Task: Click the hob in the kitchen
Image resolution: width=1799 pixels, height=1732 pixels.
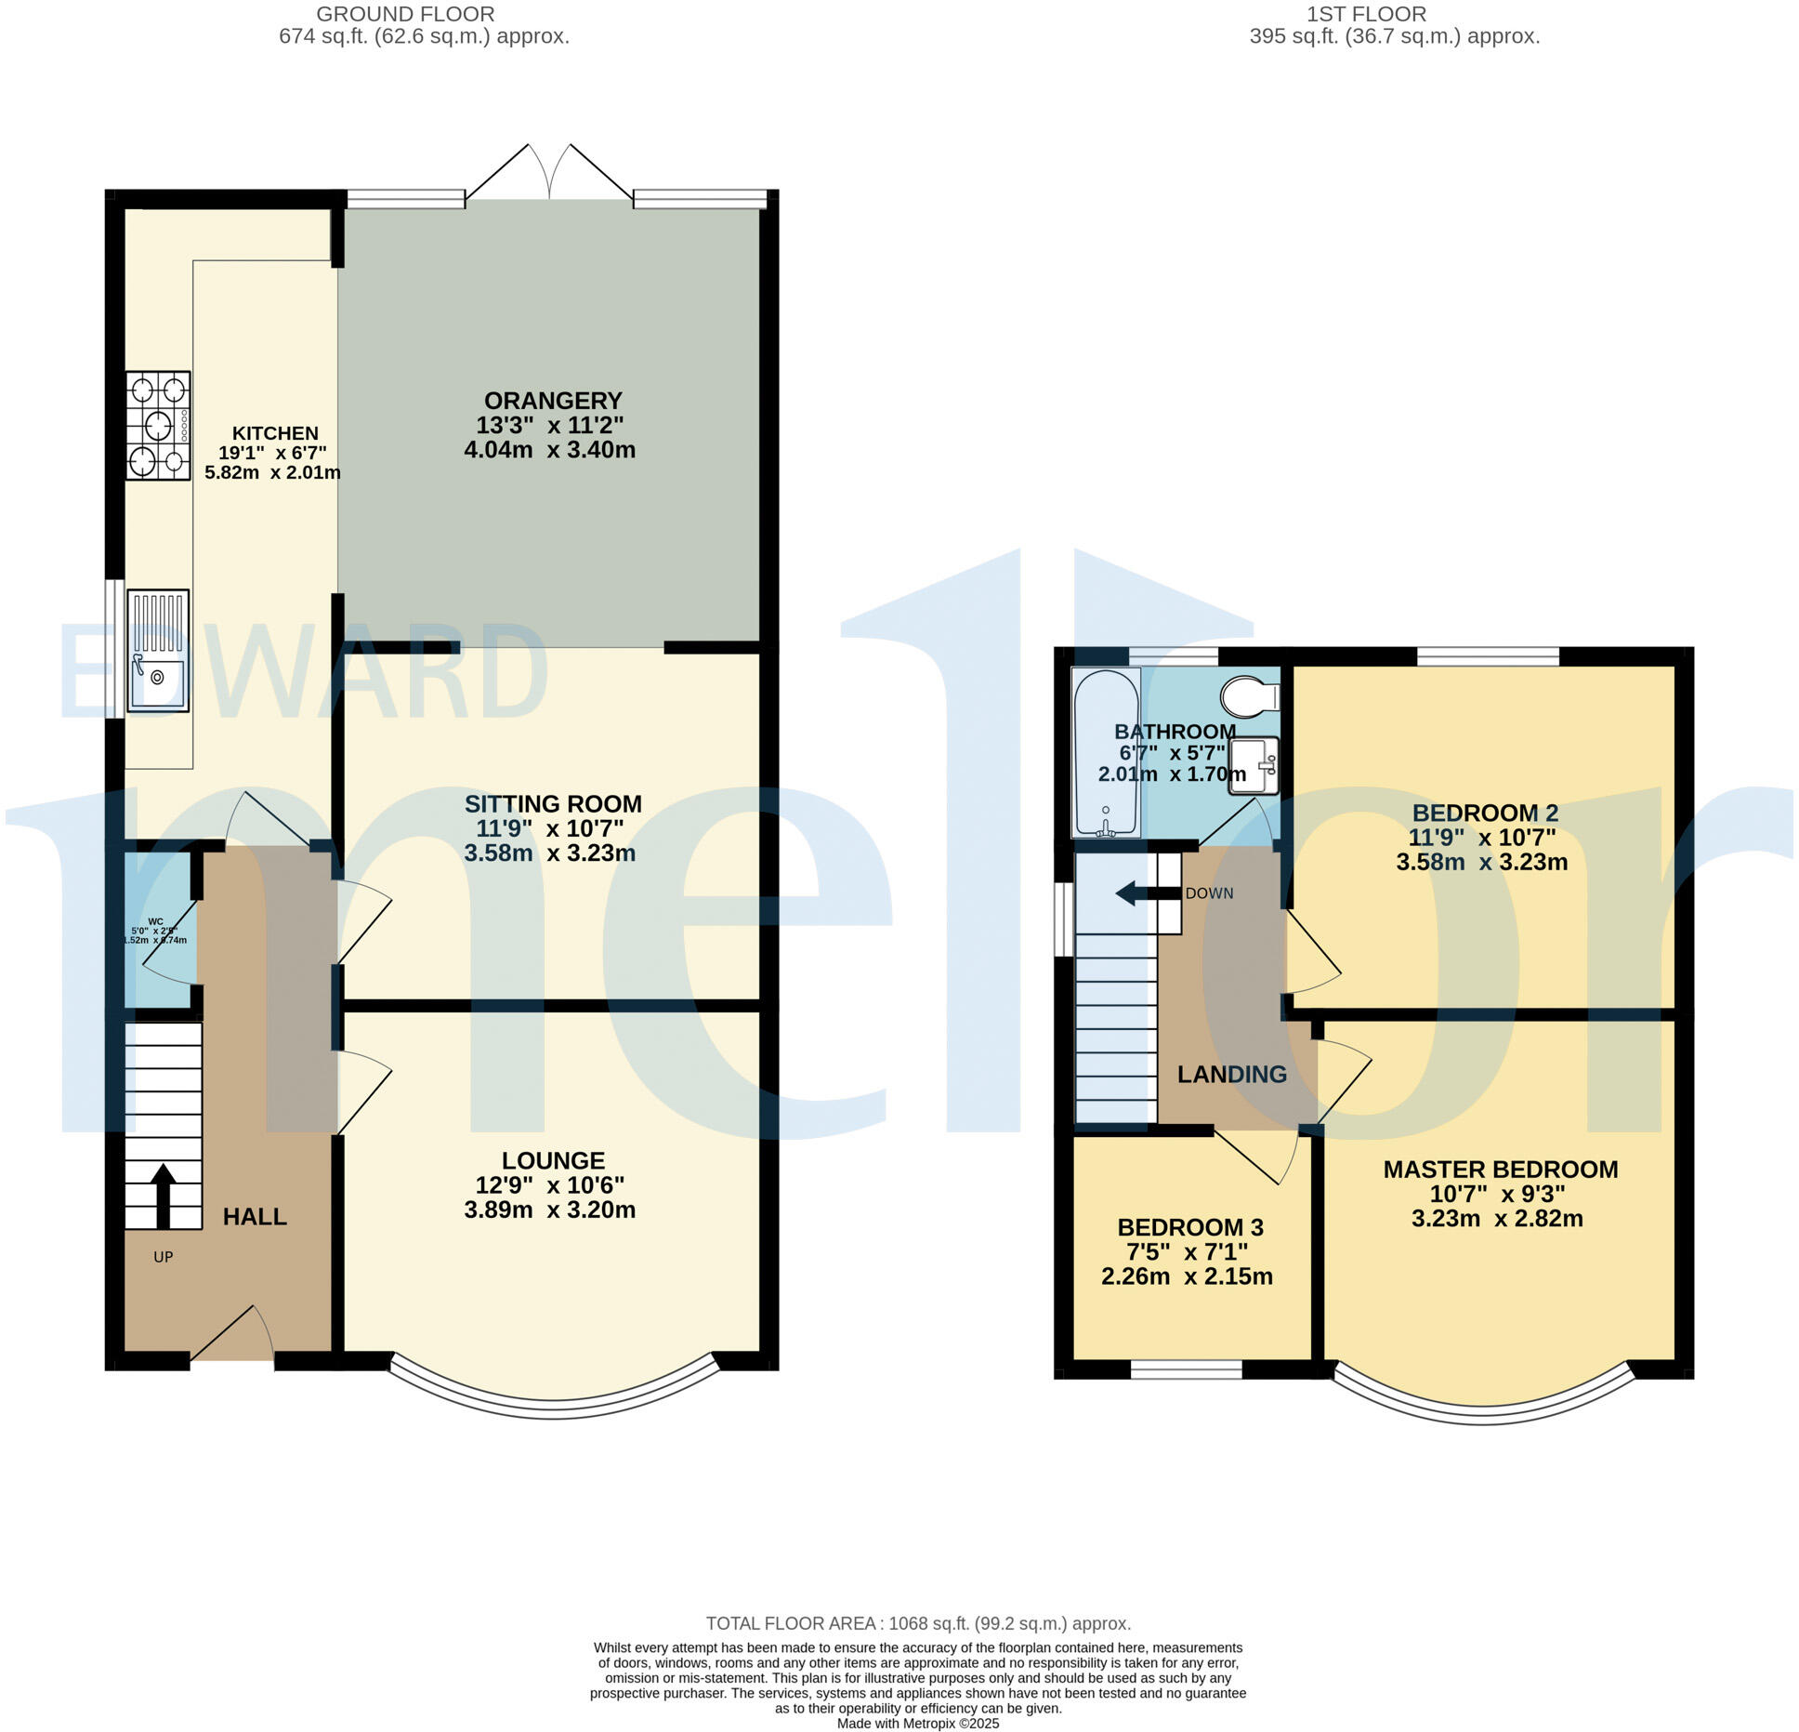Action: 159,426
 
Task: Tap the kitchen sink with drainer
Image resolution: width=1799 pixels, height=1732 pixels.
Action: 158,651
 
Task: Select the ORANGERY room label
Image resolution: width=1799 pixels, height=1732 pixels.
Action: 553,401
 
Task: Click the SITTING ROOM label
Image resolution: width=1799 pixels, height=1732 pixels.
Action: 553,804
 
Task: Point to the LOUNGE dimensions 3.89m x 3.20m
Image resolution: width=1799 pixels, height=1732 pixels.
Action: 550,1210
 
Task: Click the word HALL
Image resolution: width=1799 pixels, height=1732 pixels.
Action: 255,1217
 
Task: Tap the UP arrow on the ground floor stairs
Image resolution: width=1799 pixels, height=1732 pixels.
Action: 163,1196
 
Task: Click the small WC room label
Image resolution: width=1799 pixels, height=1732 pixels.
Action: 155,922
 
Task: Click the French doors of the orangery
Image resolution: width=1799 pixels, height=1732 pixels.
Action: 550,173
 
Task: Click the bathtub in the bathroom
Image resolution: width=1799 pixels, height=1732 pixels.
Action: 1106,751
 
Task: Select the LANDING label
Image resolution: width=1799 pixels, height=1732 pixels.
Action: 1232,1075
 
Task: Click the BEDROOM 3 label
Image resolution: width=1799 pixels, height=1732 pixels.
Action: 1190,1227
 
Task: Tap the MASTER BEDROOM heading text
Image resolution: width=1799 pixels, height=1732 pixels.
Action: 1501,1170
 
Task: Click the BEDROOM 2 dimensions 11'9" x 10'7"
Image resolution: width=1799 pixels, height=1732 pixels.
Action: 1482,837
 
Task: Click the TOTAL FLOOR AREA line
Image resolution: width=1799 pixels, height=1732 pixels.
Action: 918,1623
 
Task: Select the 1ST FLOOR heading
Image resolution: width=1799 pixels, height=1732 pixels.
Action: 1366,14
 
